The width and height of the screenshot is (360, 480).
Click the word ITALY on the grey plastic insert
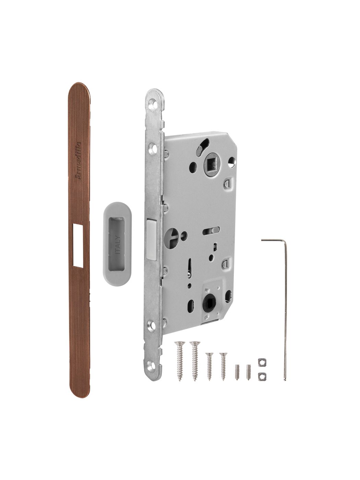[118, 244]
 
